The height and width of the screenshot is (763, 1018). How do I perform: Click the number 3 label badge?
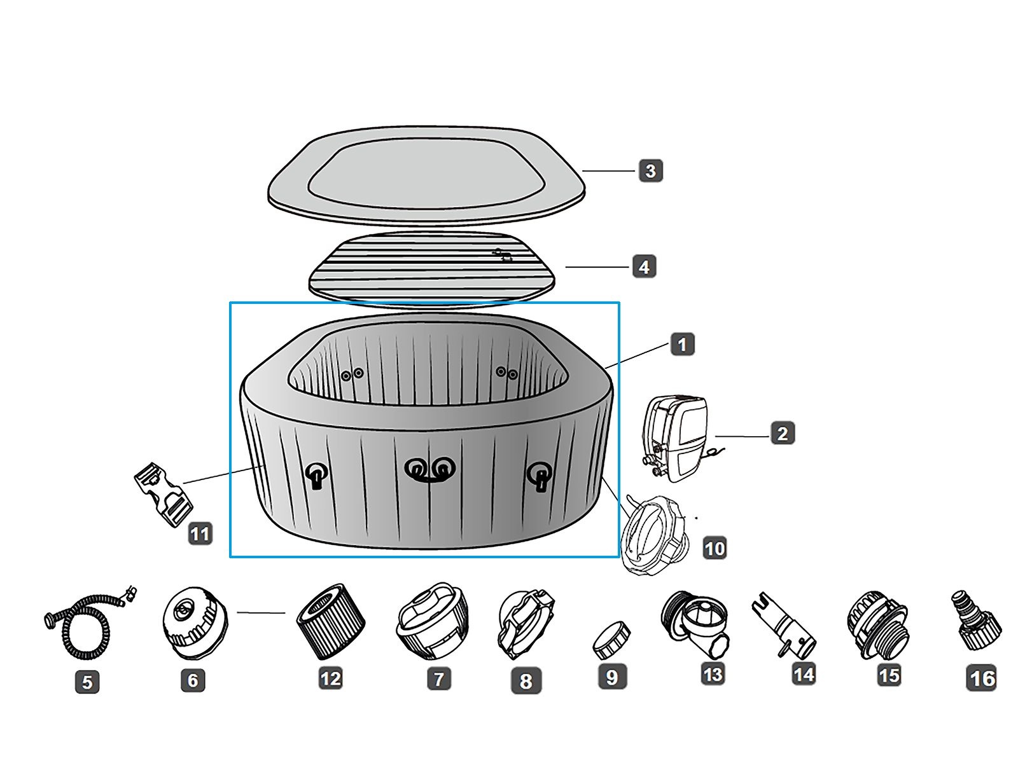(x=650, y=170)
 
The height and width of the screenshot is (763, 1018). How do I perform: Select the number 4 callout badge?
(x=644, y=267)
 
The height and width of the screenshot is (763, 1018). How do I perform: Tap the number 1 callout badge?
(x=682, y=344)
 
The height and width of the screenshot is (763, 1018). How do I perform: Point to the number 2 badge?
(x=783, y=433)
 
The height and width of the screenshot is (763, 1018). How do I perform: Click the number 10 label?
(x=715, y=549)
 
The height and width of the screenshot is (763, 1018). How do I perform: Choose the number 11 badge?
(x=200, y=533)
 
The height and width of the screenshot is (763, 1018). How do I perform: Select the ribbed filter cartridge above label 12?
(x=331, y=621)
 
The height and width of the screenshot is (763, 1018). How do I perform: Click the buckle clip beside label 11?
(x=164, y=494)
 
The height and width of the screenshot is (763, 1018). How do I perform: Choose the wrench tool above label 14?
(x=784, y=624)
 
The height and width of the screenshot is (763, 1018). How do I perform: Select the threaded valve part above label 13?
(x=695, y=624)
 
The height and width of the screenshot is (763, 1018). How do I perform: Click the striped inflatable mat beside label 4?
(x=432, y=267)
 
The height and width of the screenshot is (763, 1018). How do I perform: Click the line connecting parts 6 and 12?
(x=261, y=613)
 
